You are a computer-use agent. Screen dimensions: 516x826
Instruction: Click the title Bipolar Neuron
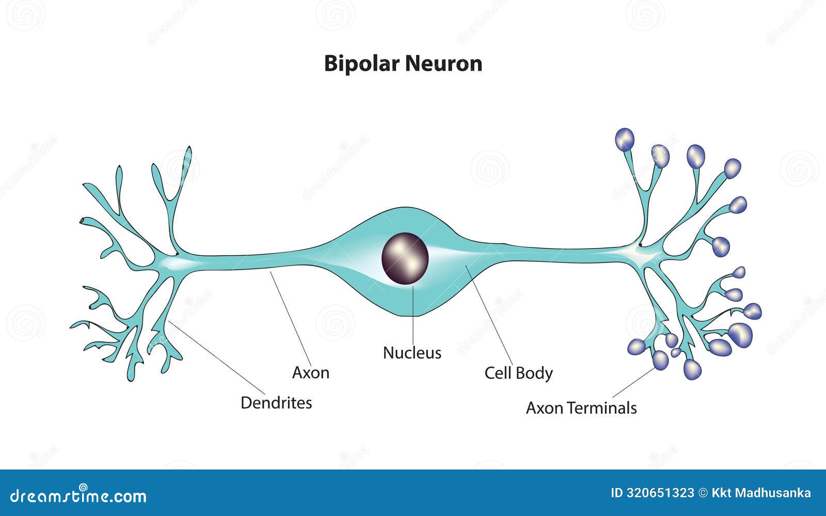tap(403, 64)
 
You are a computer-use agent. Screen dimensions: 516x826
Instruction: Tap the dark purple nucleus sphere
tap(405, 258)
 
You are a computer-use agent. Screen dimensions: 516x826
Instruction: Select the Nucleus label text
tap(412, 353)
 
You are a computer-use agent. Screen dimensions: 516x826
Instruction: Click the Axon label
tap(310, 372)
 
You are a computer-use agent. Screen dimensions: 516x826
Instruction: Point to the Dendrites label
tap(276, 403)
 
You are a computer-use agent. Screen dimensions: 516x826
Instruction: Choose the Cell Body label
tap(518, 373)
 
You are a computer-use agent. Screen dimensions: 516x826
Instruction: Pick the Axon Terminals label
tap(581, 408)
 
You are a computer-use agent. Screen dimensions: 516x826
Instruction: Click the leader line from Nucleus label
tap(413, 315)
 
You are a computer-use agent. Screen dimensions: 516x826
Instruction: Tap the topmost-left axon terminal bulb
tap(625, 139)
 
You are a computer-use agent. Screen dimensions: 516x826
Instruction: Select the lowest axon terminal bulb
tap(692, 369)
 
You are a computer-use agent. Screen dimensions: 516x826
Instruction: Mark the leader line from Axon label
tap(292, 320)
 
